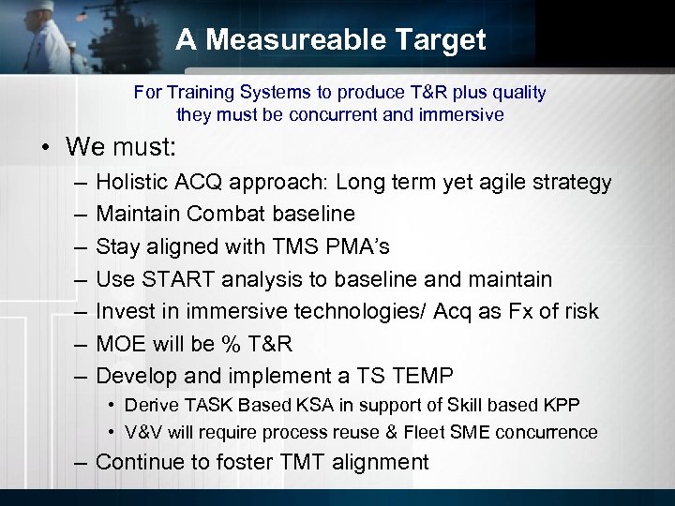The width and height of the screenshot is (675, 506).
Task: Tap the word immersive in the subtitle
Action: (x=464, y=115)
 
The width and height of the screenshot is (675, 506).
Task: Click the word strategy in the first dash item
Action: (x=571, y=183)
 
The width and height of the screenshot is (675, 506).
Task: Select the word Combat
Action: (x=222, y=214)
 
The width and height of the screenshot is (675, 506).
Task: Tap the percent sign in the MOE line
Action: (x=228, y=344)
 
